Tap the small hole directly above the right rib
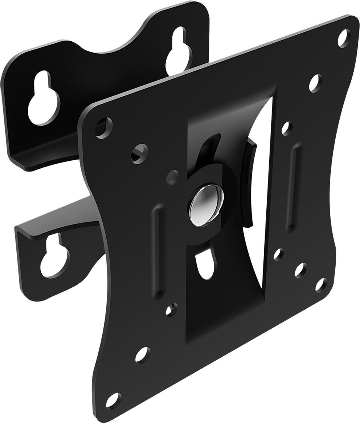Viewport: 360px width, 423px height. [x=287, y=128]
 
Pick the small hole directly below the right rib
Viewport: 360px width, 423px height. [x=279, y=254]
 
